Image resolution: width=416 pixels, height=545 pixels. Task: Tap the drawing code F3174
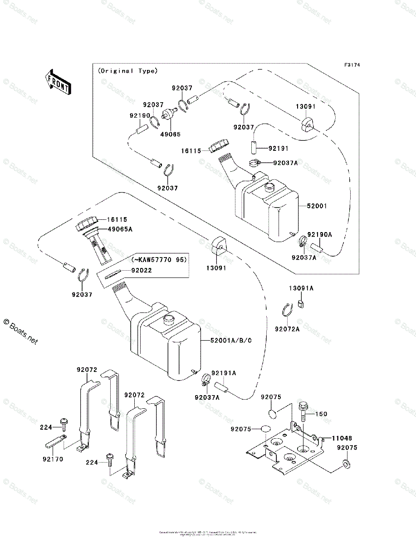352,65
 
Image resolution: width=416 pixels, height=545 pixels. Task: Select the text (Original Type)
127,71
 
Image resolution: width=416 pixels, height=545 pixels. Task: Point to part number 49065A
120,230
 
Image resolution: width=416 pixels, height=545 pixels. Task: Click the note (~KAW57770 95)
159,260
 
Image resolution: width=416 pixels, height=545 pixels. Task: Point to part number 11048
342,438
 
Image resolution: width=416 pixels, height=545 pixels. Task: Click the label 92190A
320,235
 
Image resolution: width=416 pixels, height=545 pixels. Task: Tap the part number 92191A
229,373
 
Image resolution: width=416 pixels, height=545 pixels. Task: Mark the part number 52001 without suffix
317,206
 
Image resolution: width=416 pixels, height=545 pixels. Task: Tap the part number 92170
53,459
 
